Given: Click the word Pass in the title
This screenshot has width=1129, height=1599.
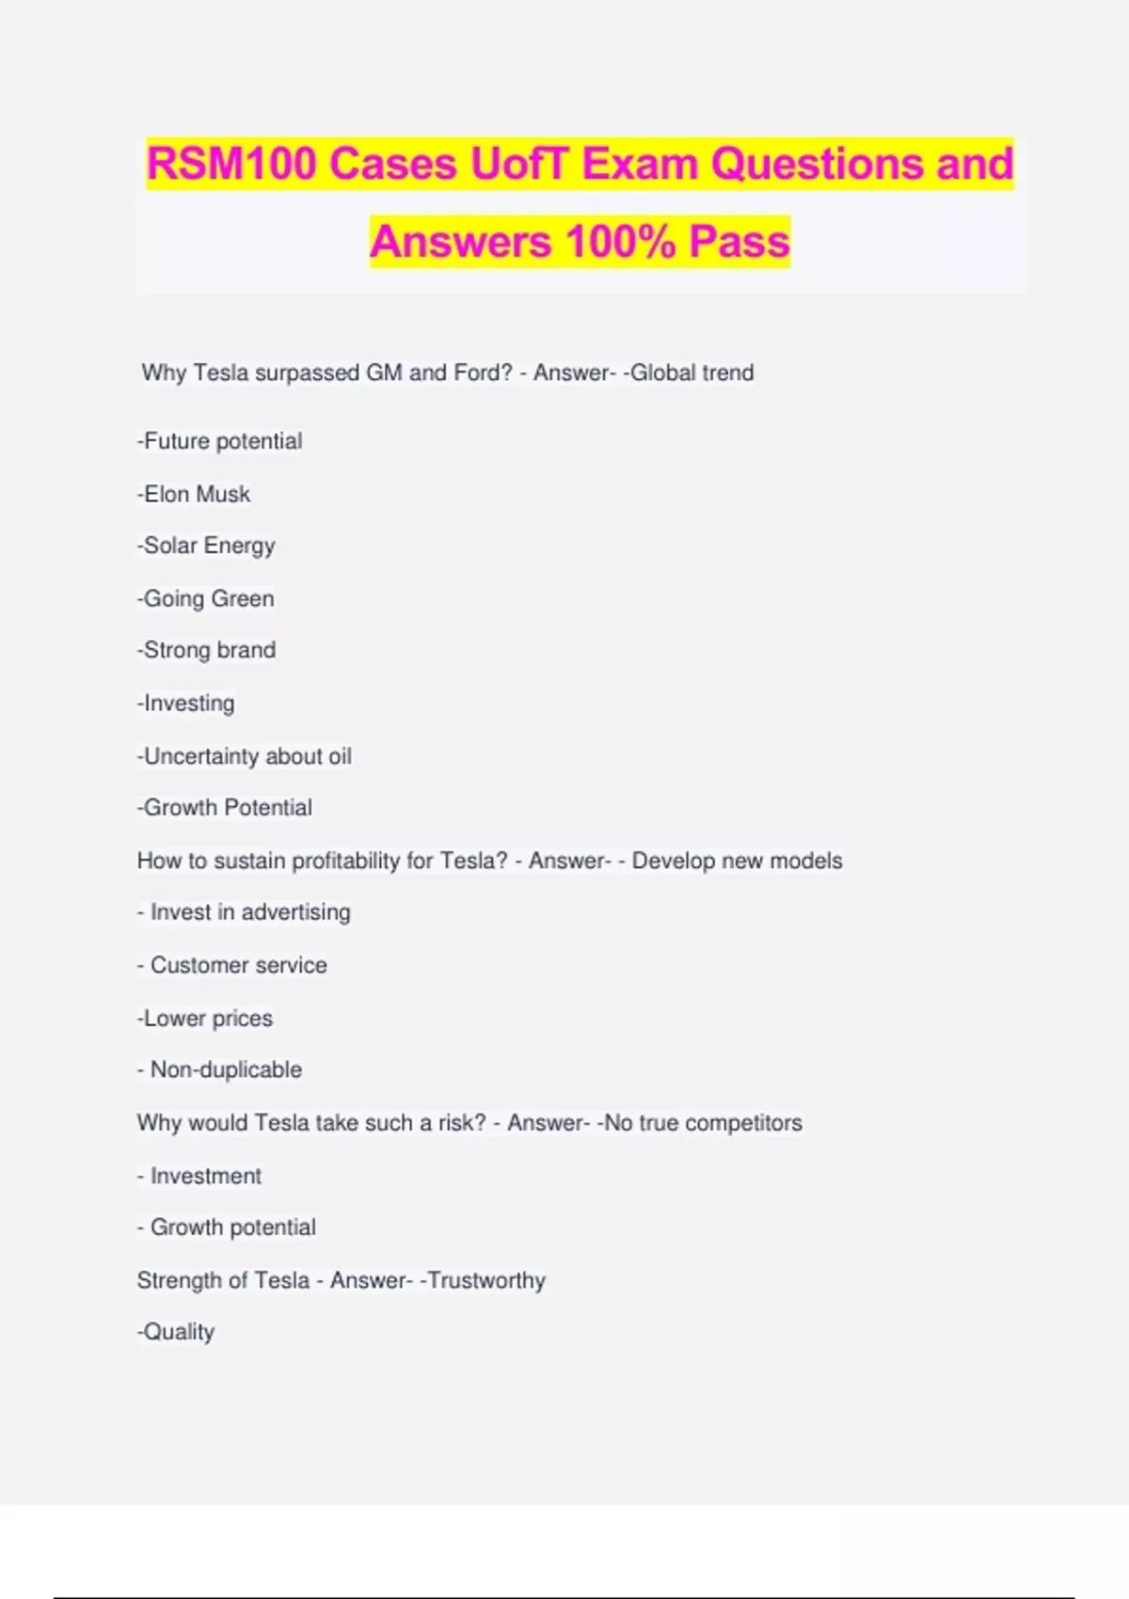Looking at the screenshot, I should [739, 242].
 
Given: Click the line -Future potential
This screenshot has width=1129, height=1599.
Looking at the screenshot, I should [220, 441].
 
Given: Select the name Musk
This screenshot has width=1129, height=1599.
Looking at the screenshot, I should [224, 494].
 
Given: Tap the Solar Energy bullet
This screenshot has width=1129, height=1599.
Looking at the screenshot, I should [207, 546].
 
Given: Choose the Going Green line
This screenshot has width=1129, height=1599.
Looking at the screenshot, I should [206, 598].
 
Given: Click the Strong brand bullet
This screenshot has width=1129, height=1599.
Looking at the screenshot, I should [207, 650].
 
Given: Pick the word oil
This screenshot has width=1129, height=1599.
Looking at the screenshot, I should [340, 756].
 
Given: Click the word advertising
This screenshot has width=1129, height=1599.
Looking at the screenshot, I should [296, 912].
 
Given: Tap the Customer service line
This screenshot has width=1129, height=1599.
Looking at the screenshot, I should [238, 965].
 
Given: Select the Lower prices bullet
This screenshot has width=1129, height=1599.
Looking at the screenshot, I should [205, 1018].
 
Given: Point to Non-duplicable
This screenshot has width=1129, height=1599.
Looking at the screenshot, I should [226, 1069].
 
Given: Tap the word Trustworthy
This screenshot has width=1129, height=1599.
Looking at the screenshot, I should [486, 1280].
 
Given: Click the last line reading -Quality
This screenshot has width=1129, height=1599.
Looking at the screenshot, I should [177, 1332].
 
